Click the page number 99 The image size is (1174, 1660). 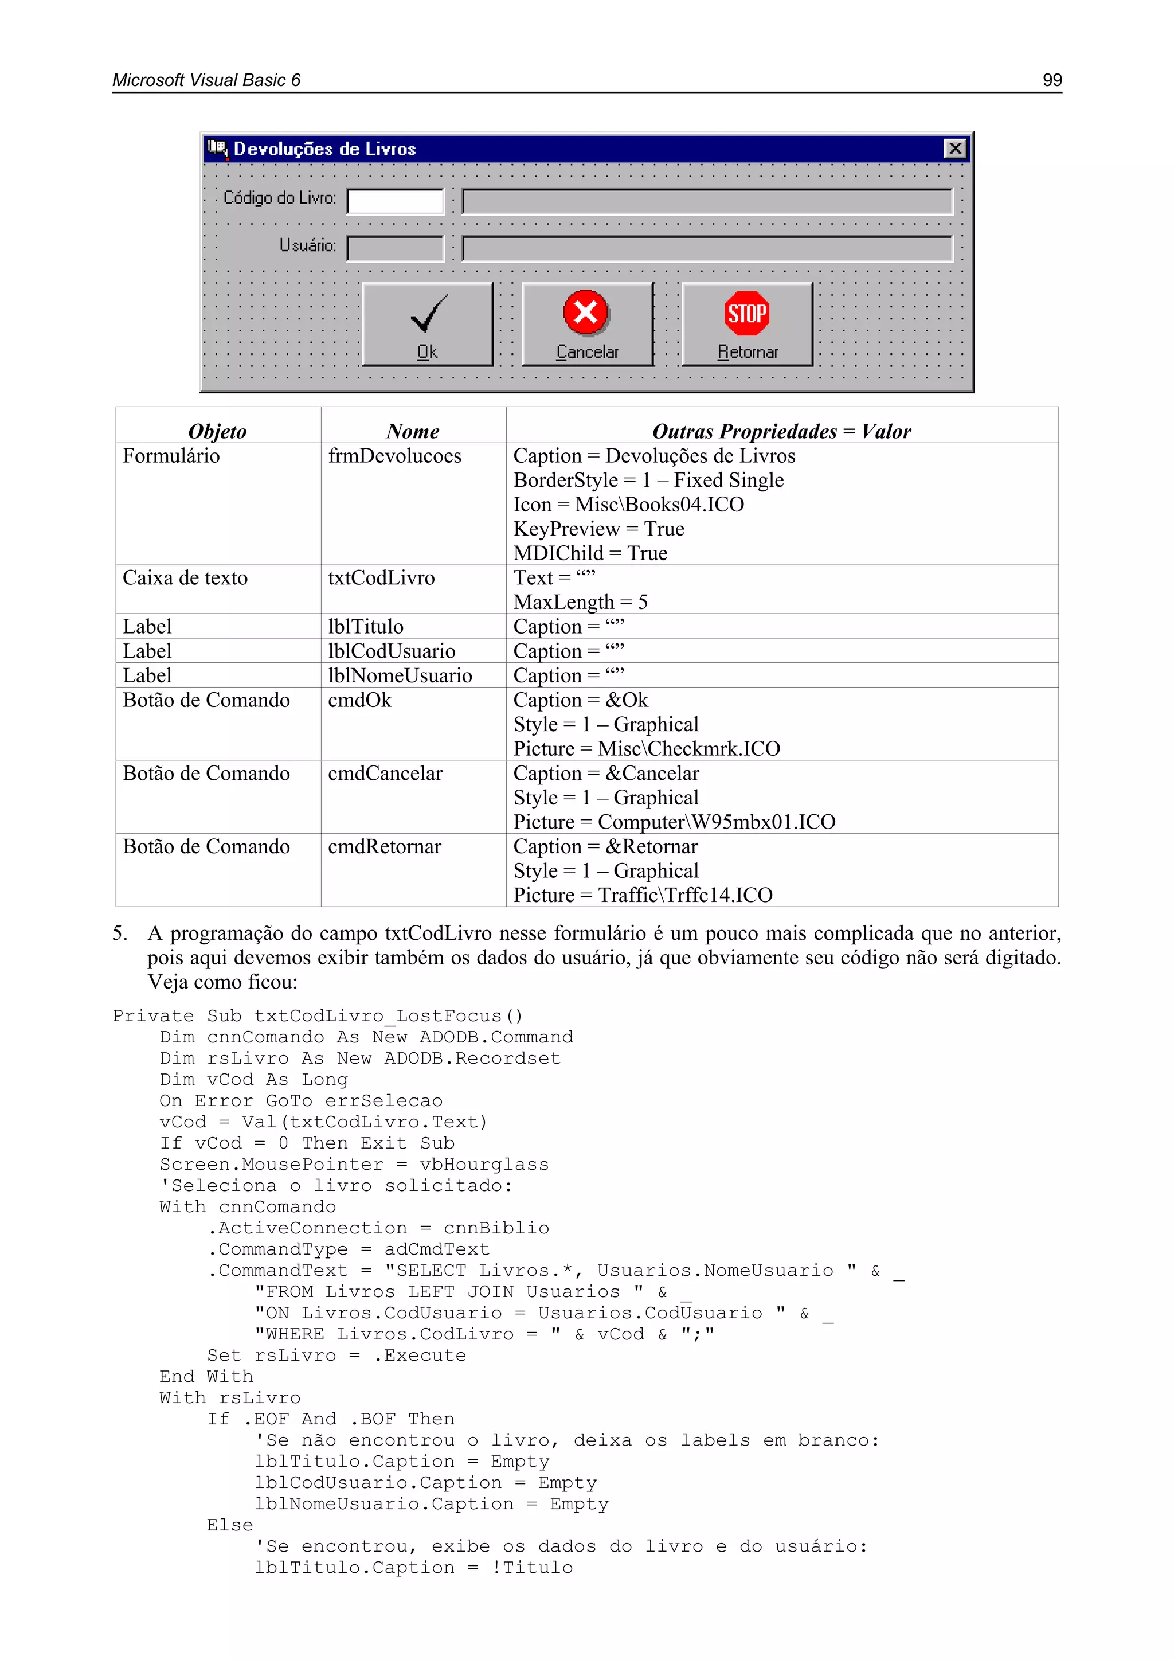point(1052,80)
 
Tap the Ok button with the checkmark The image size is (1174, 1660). point(427,325)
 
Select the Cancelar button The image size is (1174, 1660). point(587,325)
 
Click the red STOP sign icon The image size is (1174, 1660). point(747,314)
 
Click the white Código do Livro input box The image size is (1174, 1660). point(396,201)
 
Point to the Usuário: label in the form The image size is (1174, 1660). point(307,246)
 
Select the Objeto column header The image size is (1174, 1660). point(218,432)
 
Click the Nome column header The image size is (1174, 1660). point(413,432)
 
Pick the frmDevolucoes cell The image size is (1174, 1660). point(395,456)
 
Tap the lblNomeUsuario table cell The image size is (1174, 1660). point(400,676)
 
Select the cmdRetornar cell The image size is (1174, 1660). point(385,847)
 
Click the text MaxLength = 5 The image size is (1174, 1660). point(581,602)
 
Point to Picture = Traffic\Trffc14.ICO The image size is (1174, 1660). point(643,895)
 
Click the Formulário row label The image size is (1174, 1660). point(171,456)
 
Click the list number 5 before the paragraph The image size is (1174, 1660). point(119,933)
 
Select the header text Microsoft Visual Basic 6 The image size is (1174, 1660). point(207,80)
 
